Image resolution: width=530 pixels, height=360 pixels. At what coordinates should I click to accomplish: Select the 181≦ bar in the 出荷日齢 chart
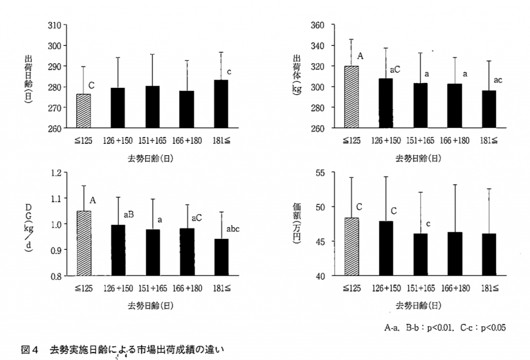click(x=221, y=104)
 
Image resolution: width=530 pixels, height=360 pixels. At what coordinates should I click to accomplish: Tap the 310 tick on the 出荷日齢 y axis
click(x=54, y=25)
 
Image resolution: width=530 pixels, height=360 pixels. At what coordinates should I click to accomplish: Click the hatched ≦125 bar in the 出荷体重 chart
click(x=351, y=97)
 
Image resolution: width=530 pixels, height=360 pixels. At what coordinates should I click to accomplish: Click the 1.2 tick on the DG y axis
click(x=55, y=173)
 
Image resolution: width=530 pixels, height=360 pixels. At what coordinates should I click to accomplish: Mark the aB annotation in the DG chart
click(x=129, y=215)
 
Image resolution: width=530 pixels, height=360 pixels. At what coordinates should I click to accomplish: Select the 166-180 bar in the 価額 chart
click(x=455, y=254)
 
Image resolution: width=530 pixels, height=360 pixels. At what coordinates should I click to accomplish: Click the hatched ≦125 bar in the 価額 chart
click(x=351, y=247)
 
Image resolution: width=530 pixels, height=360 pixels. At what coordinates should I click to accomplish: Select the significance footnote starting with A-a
click(x=445, y=327)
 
